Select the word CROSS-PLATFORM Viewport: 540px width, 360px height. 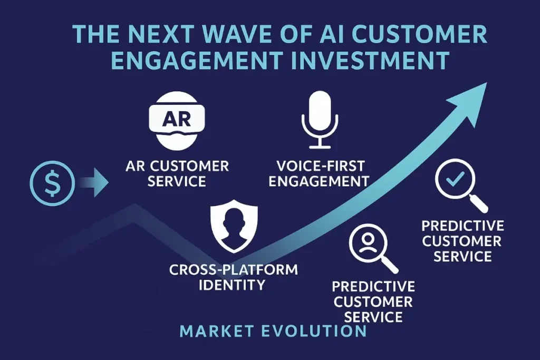click(233, 270)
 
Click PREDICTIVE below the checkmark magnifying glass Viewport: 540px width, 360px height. click(462, 226)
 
